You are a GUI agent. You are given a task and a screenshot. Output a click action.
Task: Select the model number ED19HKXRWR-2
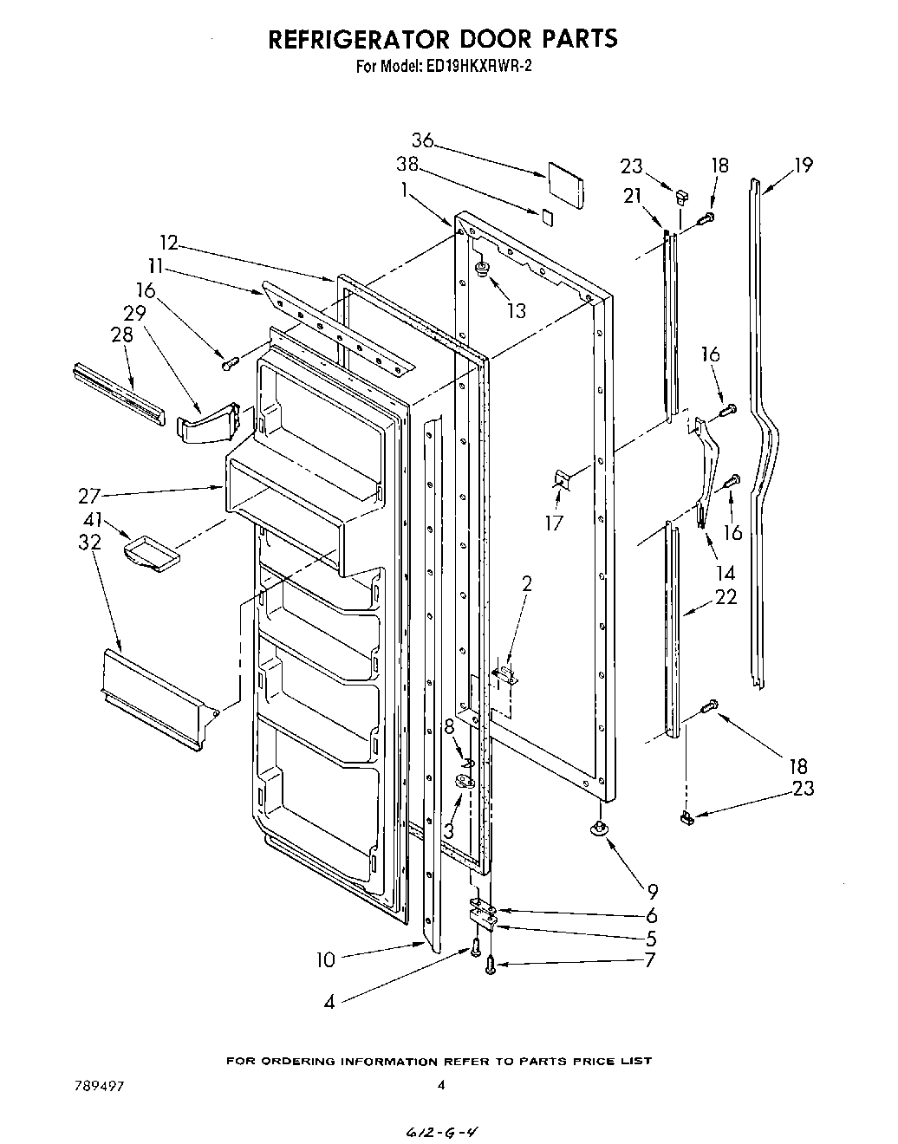[x=477, y=63]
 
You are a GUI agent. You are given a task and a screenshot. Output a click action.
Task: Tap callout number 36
[x=422, y=141]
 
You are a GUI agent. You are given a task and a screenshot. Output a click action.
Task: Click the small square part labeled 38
[x=546, y=216]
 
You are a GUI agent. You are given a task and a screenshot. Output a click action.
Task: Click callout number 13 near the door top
[x=516, y=311]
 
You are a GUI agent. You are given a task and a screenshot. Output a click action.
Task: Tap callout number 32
[x=89, y=542]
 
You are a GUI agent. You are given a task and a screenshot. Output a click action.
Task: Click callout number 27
[x=88, y=496]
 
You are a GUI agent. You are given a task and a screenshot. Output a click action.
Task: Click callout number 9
[x=653, y=890]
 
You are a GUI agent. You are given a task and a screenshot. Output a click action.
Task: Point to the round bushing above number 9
[x=598, y=830]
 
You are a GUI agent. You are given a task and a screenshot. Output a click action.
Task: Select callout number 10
[x=326, y=959]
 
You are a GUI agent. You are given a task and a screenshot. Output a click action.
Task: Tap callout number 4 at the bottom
[x=329, y=1002]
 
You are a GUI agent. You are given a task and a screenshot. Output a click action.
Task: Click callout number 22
[x=726, y=596]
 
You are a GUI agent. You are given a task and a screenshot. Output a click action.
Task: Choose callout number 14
[x=725, y=573]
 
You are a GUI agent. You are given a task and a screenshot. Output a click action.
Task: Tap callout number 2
[x=527, y=583]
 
